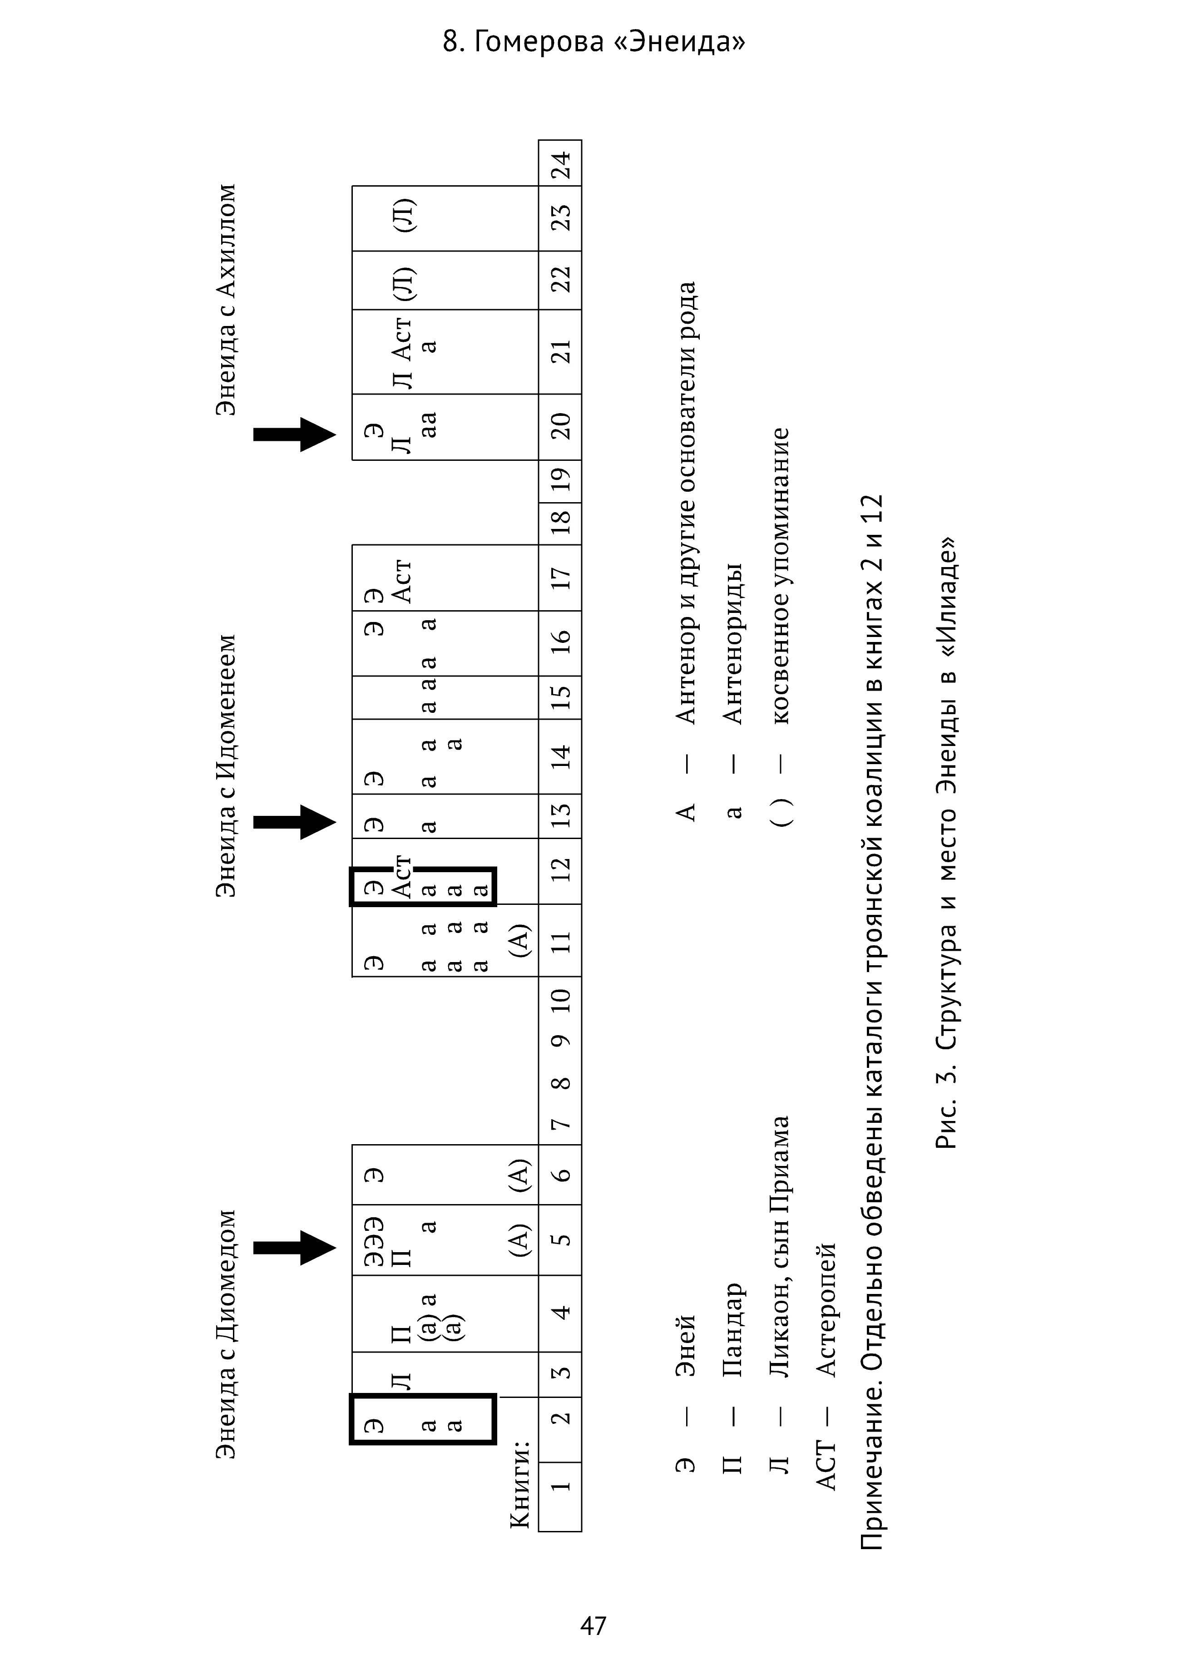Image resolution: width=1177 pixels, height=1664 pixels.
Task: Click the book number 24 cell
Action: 560,164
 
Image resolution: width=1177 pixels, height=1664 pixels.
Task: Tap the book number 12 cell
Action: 560,870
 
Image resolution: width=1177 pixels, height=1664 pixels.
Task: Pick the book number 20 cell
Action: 560,426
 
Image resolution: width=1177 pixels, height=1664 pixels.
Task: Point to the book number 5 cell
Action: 560,1239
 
